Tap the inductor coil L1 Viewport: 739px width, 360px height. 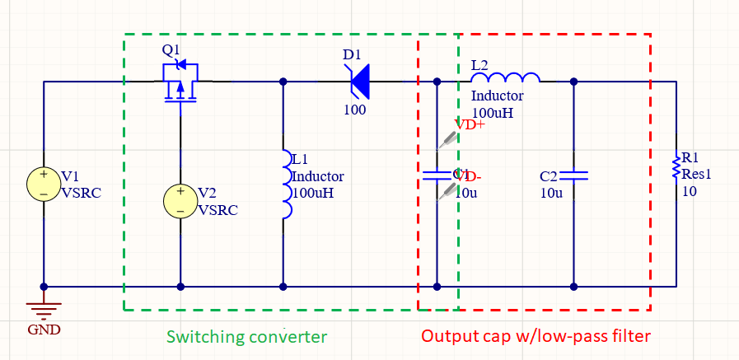point(284,185)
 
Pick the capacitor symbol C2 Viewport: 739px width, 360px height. point(573,175)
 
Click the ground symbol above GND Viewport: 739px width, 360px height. point(43,309)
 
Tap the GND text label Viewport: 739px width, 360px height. point(44,330)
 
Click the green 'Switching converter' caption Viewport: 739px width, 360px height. point(246,337)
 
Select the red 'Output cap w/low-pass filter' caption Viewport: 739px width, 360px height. point(536,337)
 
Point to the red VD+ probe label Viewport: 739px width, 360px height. point(470,125)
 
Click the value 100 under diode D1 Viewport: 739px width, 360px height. point(355,110)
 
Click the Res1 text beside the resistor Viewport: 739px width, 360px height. point(696,175)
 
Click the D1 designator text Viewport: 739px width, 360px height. point(352,54)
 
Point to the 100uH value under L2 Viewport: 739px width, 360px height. point(493,112)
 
